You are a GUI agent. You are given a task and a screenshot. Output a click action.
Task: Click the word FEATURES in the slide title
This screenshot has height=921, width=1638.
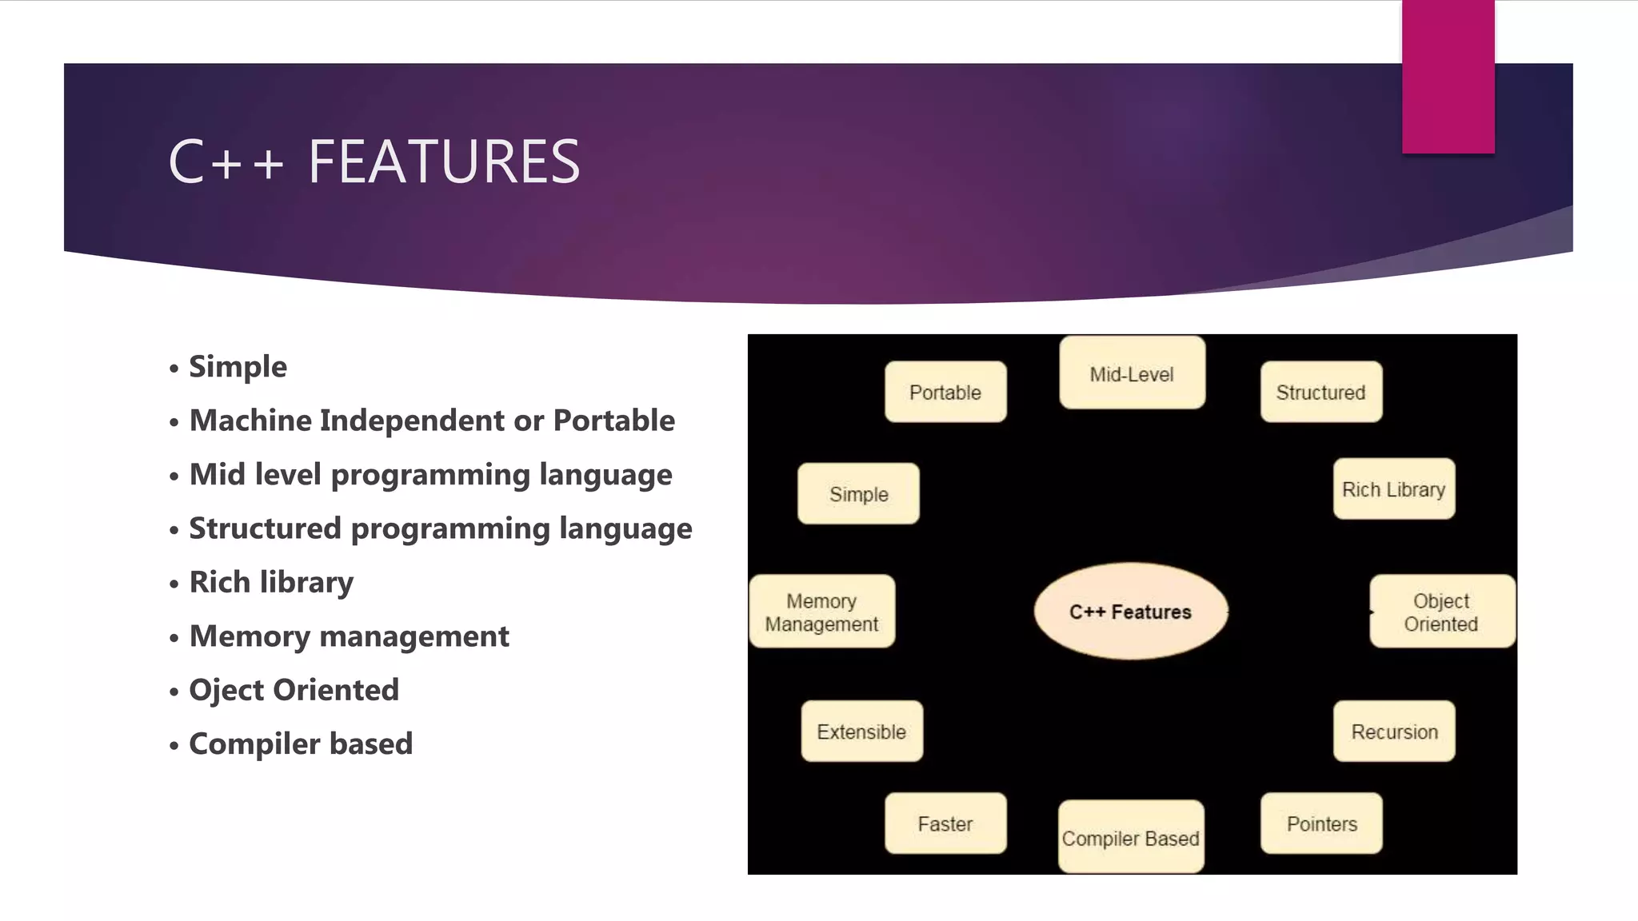click(444, 161)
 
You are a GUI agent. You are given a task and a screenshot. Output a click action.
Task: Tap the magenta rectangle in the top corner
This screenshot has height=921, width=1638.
click(1448, 77)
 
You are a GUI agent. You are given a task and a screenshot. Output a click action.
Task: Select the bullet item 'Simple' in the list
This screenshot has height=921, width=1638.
click(238, 367)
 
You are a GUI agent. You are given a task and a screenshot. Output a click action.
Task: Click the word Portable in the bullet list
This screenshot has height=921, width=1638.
click(613, 421)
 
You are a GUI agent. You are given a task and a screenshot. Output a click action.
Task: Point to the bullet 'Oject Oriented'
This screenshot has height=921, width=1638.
click(294, 690)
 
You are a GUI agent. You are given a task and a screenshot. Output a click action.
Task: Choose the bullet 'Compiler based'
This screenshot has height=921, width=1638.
click(301, 744)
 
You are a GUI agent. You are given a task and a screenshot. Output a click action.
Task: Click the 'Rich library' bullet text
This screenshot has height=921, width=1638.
click(271, 582)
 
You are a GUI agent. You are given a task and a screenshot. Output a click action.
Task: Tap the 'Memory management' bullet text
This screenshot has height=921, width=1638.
click(349, 636)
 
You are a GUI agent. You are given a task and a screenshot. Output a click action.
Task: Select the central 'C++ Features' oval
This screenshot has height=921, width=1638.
click(1130, 612)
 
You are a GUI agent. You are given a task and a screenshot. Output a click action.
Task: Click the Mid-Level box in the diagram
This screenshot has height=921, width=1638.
click(1132, 373)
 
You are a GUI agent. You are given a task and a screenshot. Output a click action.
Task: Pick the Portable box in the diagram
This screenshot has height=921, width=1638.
click(945, 392)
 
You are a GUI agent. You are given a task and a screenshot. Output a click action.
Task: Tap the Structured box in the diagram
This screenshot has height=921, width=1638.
click(1320, 392)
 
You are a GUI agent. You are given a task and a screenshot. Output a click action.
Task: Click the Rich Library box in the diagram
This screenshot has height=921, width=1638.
click(1393, 489)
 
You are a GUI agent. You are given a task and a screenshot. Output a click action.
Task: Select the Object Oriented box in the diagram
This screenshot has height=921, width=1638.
click(1441, 612)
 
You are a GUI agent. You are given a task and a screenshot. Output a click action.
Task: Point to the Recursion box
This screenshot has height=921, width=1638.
click(1394, 732)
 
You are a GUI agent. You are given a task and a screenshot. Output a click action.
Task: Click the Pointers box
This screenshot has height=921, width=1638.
click(1321, 823)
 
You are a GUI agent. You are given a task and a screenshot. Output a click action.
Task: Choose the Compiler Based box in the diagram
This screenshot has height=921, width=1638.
click(1131, 837)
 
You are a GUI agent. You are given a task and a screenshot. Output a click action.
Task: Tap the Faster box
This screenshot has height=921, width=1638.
click(945, 823)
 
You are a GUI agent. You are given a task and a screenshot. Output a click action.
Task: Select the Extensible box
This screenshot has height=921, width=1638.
click(861, 732)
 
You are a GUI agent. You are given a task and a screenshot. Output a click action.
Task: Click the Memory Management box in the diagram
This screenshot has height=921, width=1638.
click(821, 612)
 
